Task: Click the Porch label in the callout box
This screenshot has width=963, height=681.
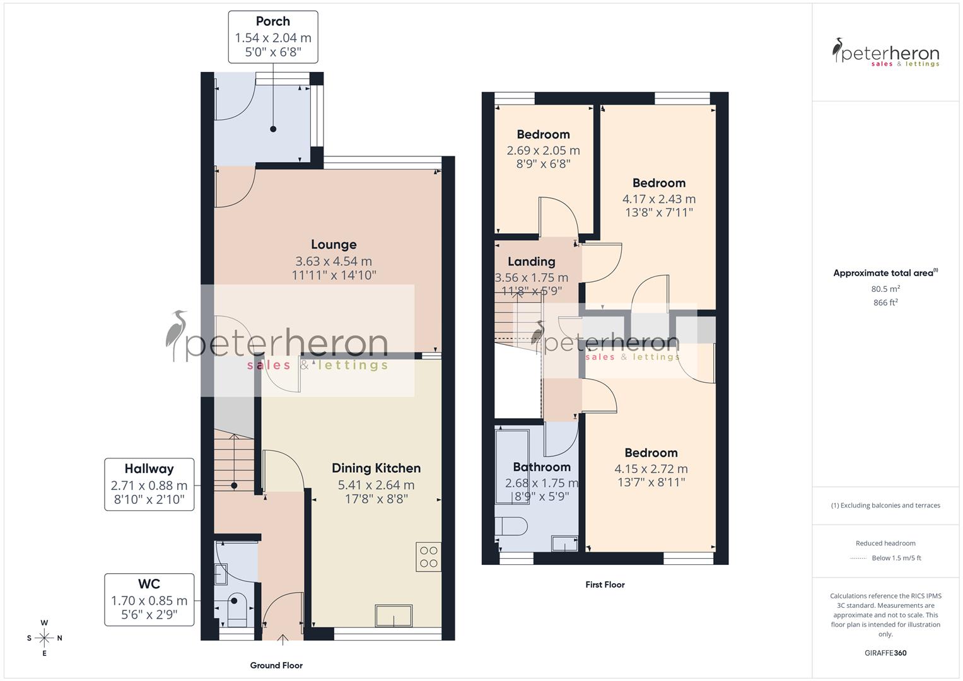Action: [272, 21]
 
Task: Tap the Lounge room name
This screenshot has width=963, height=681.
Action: [334, 245]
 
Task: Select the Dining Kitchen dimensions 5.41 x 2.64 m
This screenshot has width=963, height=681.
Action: [376, 485]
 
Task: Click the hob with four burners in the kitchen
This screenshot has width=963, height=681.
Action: [429, 557]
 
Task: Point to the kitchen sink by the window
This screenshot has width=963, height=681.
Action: [394, 615]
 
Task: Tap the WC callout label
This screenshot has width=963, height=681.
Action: [149, 584]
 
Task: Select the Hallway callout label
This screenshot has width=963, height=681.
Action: [149, 469]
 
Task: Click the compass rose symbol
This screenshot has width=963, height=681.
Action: [44, 638]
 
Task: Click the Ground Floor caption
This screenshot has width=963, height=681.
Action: [276, 665]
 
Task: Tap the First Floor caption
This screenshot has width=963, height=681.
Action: [605, 585]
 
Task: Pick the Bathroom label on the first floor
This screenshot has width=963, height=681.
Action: [541, 467]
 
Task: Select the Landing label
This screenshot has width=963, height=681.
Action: [531, 262]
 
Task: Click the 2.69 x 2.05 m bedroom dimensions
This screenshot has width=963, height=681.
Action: [543, 151]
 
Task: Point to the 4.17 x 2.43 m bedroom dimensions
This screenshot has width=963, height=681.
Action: [658, 199]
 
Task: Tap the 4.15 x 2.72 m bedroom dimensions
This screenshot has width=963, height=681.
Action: [651, 469]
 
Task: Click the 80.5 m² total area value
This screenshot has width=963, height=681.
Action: [885, 289]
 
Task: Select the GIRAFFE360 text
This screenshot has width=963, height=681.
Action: [885, 653]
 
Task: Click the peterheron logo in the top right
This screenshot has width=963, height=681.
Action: [885, 53]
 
